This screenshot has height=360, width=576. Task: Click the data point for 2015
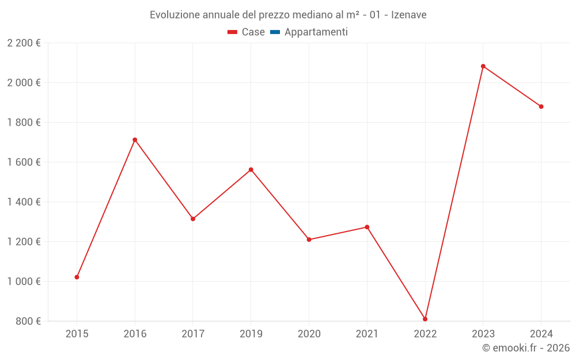77,277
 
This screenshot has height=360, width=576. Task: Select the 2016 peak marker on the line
135,140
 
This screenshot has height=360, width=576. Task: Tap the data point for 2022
425,319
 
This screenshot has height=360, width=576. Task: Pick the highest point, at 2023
483,66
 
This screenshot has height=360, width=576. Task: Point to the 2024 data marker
541,107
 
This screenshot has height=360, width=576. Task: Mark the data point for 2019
251,170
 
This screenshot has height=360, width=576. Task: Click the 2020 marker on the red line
309,240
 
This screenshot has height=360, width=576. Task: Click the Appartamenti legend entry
316,32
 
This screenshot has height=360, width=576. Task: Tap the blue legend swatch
275,32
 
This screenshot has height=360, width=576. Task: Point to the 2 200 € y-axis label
24,43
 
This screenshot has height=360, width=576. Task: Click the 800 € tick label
28,321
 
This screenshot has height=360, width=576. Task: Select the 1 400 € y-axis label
24,202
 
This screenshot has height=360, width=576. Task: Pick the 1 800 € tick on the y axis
24,123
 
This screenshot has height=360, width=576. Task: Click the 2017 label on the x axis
193,334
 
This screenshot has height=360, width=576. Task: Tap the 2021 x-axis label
367,334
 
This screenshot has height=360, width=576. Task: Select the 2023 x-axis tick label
483,334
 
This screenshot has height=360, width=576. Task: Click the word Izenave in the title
409,15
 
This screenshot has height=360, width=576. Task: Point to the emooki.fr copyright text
526,348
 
